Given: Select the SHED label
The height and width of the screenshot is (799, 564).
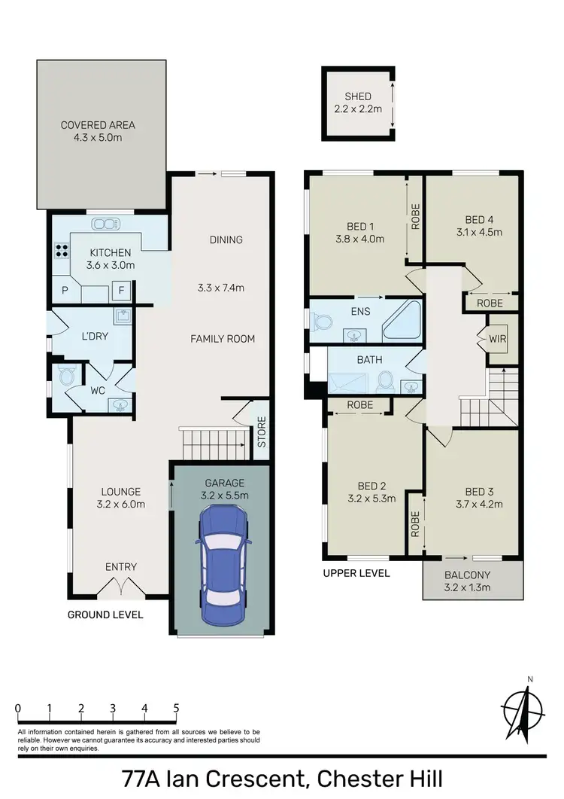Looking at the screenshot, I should point(358,96).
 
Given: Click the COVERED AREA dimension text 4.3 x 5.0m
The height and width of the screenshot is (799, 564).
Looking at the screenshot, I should point(98,139).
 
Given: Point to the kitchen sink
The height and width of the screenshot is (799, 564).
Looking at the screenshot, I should point(105,224).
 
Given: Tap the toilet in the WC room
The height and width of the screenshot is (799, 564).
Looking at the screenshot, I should point(63,374).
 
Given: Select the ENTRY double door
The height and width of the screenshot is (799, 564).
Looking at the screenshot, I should point(120,586).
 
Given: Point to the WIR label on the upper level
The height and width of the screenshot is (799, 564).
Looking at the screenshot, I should point(497,339).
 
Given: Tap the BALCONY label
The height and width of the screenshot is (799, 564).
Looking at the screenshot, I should point(472,574).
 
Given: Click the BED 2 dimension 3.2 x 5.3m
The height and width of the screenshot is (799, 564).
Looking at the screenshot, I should point(371,499).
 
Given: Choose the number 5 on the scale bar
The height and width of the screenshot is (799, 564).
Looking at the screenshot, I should point(176,708).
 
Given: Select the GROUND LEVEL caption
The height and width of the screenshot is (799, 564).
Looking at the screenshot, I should point(105,614).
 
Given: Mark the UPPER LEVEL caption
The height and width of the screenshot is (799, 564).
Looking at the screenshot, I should point(356,573).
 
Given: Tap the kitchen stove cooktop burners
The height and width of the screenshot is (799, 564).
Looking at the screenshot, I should point(59,252).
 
